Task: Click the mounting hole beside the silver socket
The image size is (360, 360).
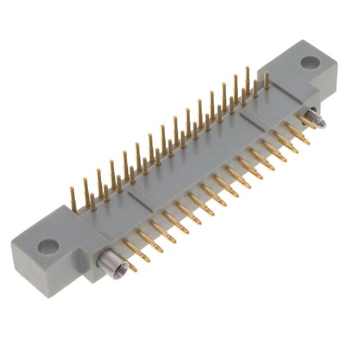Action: (48, 246)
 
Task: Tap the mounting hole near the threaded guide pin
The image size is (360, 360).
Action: (309, 62)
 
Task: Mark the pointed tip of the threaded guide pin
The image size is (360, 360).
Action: (323, 125)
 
